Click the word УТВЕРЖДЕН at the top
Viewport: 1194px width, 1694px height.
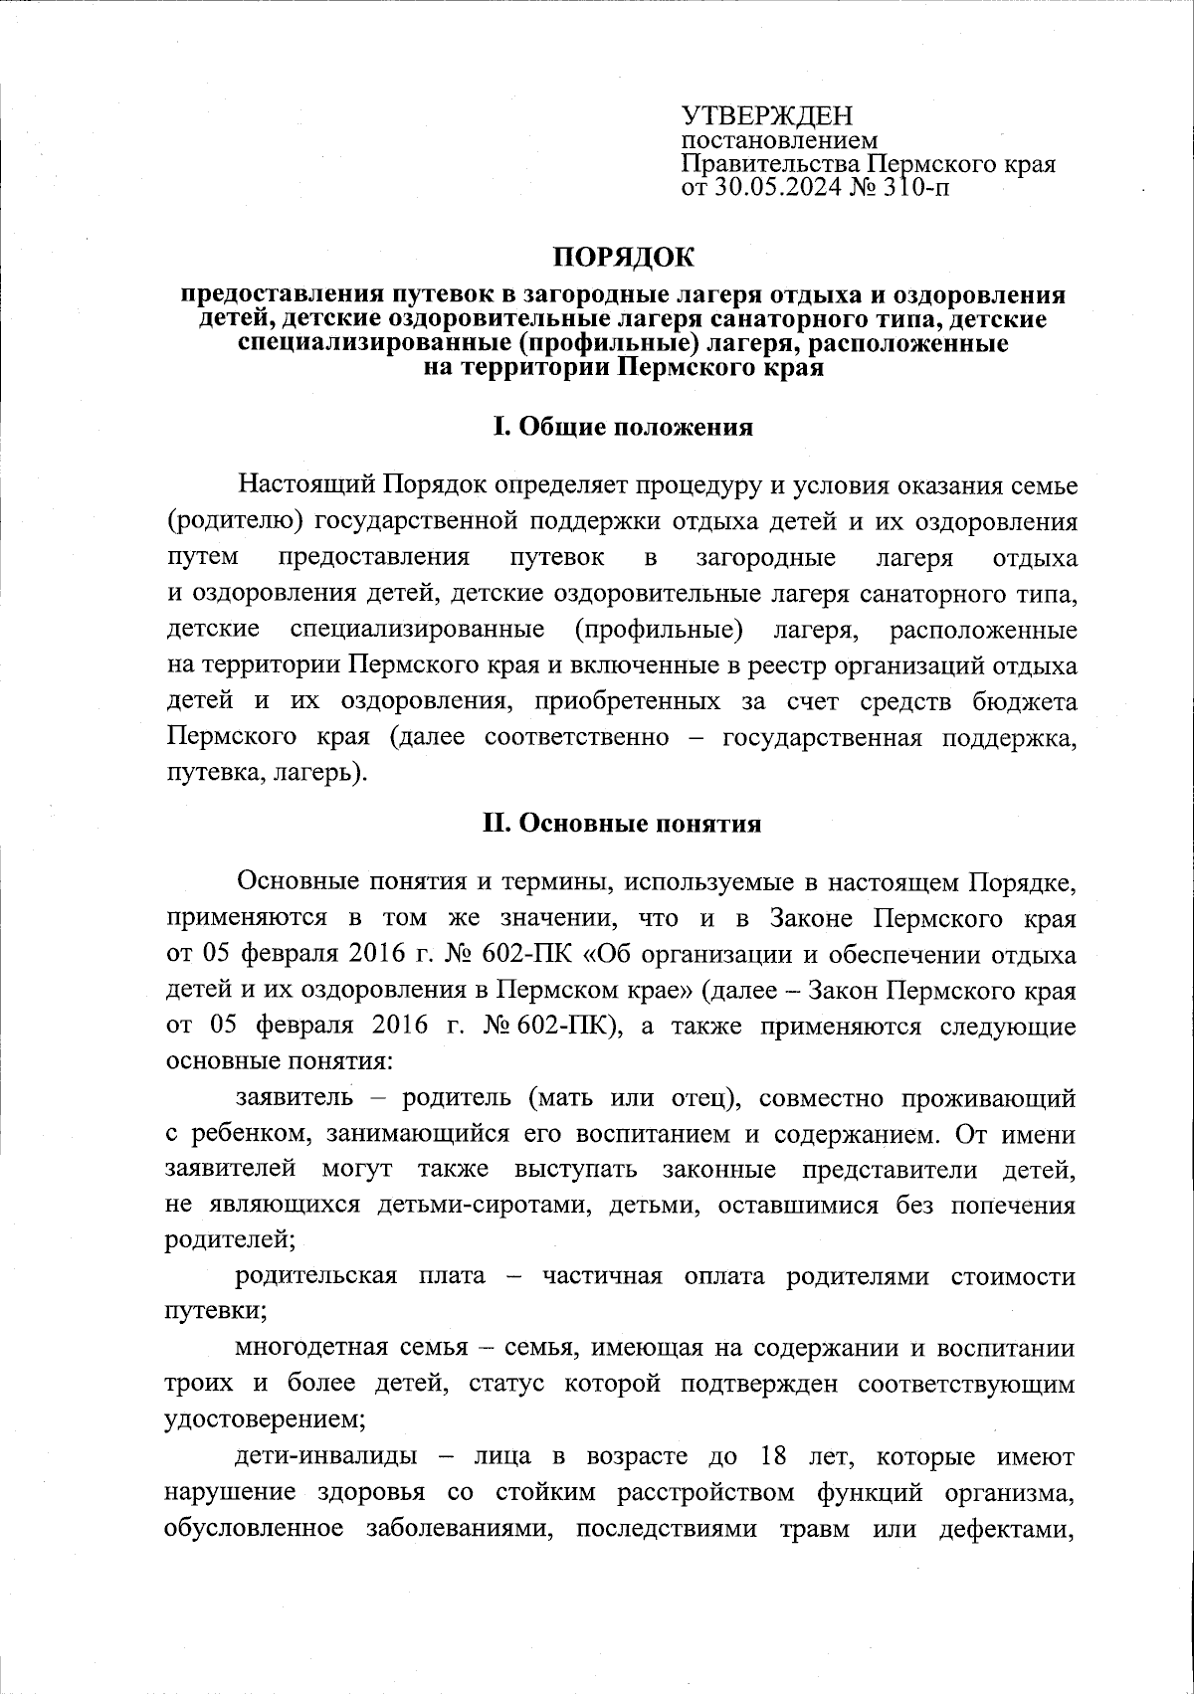pyautogui.click(x=767, y=116)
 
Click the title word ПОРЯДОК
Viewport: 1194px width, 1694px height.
pyautogui.click(x=623, y=257)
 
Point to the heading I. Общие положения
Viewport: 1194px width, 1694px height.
pyautogui.click(x=623, y=428)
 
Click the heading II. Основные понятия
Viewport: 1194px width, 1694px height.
pyautogui.click(x=623, y=824)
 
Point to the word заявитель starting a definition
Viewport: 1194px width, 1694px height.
pyautogui.click(x=294, y=1098)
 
